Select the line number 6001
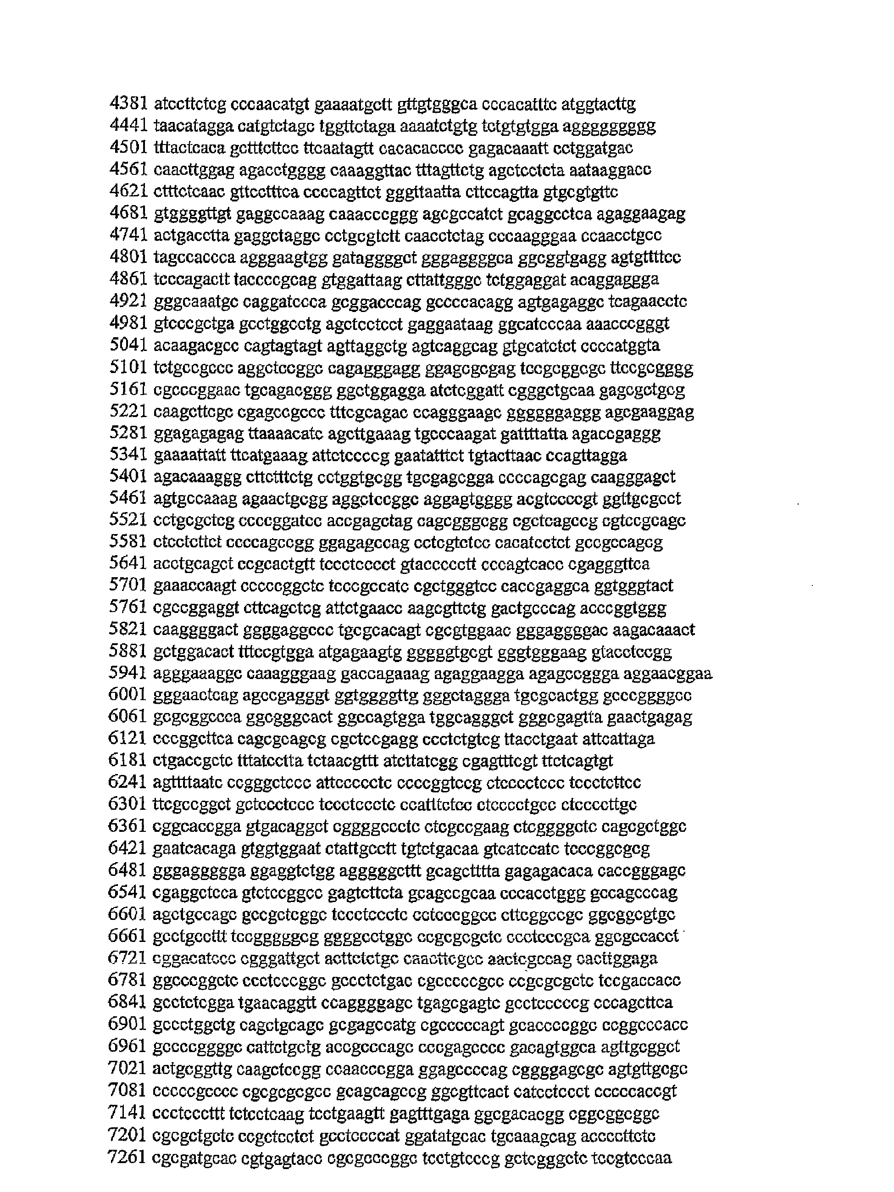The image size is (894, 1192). point(128,695)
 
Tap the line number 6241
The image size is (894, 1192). point(128,782)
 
